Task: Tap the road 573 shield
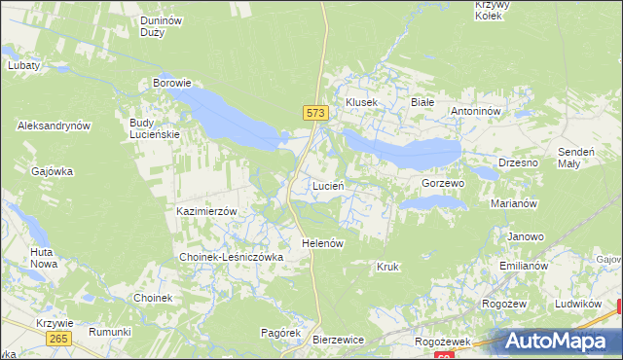[x=313, y=114]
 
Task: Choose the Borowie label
[x=171, y=84]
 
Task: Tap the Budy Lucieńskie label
[x=155, y=128]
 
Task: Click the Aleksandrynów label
[x=54, y=126]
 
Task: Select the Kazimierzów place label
[x=206, y=211]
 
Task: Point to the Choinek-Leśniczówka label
[x=231, y=257]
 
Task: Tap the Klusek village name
[x=361, y=102]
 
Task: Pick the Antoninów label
[x=475, y=111]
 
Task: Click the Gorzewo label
[x=443, y=183]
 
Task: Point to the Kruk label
[x=387, y=266]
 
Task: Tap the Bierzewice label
[x=338, y=340]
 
